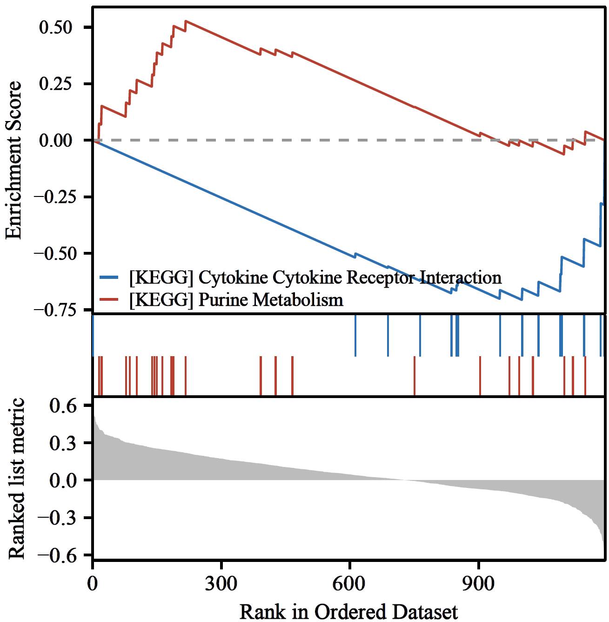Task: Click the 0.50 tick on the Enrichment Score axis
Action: coord(56,27)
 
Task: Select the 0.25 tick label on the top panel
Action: coord(56,84)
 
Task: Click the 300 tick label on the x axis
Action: coord(221,583)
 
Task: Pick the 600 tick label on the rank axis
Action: coord(349,583)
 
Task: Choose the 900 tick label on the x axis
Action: coord(478,583)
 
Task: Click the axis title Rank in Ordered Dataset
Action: coord(348,611)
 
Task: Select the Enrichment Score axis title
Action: coord(14,160)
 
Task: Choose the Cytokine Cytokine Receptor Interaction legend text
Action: coord(315,277)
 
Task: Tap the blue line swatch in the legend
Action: coord(111,277)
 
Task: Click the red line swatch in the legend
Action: coord(111,299)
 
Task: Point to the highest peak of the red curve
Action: coord(186,21)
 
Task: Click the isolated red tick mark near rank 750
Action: coord(415,375)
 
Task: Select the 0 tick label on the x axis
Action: coord(93,583)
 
